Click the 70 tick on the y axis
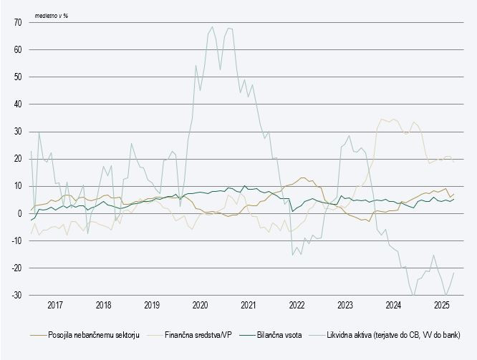18,23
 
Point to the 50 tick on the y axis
18,77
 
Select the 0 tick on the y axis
20,213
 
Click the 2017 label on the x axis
55,306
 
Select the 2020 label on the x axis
201,306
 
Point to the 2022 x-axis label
297,306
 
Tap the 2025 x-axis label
442,306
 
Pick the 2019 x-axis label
152,306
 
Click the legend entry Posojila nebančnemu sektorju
93,334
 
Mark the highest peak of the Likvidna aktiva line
212,27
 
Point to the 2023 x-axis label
345,306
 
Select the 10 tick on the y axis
18,186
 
